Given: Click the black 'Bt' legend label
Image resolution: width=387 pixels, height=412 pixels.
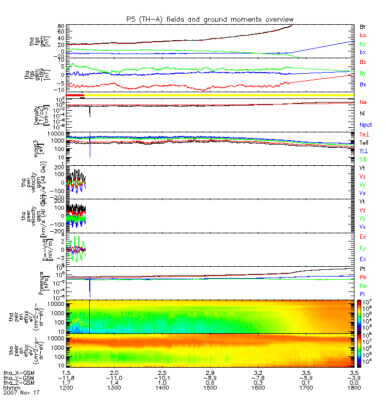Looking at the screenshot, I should tap(363, 26).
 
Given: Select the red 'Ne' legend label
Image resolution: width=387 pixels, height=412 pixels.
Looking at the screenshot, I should tap(363, 103).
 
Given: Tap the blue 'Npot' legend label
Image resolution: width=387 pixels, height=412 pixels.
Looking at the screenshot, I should tap(366, 125).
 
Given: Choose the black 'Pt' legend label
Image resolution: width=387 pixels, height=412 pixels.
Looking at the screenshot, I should tap(363, 269).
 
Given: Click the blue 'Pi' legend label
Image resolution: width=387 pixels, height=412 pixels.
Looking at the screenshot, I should tap(363, 294).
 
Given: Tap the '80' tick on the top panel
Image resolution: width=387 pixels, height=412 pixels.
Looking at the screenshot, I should tap(60, 26).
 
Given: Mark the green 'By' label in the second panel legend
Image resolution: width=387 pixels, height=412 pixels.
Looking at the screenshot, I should tap(363, 73).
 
